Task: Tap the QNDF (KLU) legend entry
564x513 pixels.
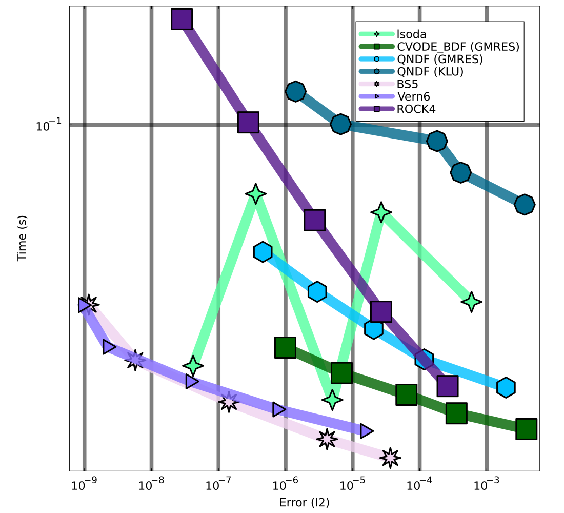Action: (x=430, y=72)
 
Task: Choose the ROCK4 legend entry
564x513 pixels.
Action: (x=414, y=109)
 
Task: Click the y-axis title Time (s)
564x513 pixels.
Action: (x=22, y=238)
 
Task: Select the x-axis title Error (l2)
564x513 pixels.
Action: (x=305, y=502)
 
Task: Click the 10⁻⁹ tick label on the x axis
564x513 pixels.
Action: (x=85, y=485)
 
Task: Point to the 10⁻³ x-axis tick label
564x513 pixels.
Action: (x=487, y=485)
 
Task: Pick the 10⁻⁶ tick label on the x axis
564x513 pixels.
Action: (x=286, y=485)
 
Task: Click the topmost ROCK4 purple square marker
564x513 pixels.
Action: (x=182, y=19)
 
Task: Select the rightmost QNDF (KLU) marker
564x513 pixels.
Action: (x=525, y=204)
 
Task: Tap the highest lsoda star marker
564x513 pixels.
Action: (x=255, y=194)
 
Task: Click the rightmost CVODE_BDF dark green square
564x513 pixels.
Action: (x=527, y=429)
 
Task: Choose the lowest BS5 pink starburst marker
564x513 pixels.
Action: (x=390, y=457)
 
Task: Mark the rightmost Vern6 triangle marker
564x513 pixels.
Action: (x=366, y=431)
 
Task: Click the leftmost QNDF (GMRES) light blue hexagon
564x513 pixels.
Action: (x=263, y=251)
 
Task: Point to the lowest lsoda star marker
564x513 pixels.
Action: (x=332, y=399)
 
